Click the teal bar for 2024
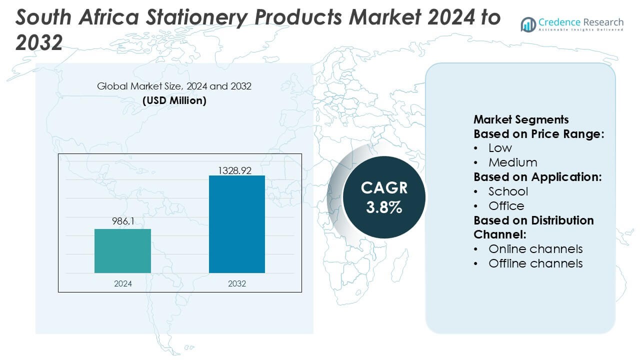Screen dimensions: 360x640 [122, 250]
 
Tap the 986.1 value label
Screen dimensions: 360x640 [122, 221]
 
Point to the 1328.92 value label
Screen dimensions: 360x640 [234, 170]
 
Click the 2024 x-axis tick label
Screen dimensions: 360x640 [122, 283]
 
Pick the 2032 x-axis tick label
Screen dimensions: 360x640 [237, 283]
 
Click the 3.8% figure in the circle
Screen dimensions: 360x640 [384, 207]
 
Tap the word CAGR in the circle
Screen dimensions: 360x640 [384, 188]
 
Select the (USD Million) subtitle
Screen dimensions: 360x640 [174, 100]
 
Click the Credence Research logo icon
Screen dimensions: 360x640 [528, 24]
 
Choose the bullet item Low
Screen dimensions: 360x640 [500, 148]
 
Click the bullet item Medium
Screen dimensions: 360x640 [512, 162]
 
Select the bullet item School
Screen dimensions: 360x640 [508, 191]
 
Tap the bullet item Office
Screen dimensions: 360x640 [506, 206]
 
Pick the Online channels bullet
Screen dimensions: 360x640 [535, 249]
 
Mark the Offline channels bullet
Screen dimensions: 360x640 [535, 263]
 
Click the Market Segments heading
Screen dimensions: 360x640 [521, 119]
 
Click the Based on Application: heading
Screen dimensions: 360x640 [537, 177]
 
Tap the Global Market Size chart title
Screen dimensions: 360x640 [174, 86]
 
